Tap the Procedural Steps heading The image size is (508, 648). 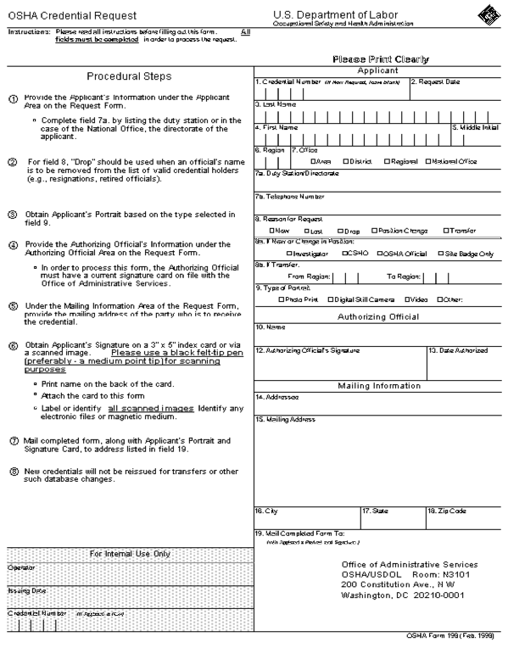pyautogui.click(x=129, y=76)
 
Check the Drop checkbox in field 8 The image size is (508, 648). pyautogui.click(x=339, y=231)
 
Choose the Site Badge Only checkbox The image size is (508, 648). pyautogui.click(x=440, y=254)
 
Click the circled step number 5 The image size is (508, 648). pyautogui.click(x=12, y=305)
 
